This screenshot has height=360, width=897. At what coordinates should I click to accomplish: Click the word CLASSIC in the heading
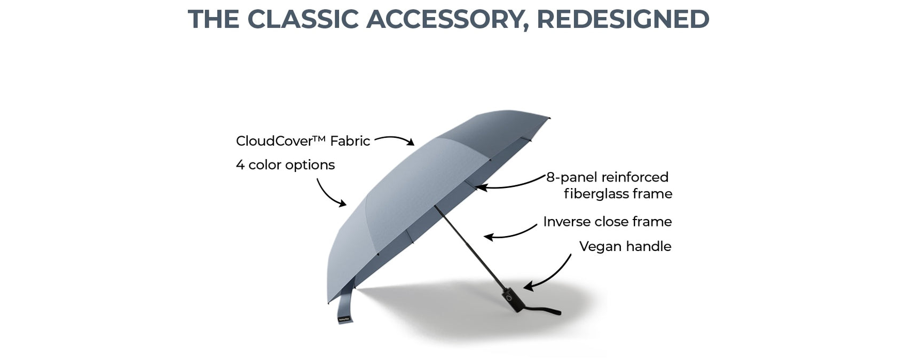point(303,19)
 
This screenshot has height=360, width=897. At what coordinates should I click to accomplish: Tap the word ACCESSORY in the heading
point(447,19)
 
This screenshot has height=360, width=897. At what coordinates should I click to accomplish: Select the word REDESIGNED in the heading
point(623,19)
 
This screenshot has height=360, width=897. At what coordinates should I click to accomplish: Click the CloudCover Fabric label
point(303,141)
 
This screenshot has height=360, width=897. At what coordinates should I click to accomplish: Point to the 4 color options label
point(285,165)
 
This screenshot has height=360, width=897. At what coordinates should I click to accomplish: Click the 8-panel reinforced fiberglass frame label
point(610,185)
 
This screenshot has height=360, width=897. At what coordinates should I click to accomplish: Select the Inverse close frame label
point(607,222)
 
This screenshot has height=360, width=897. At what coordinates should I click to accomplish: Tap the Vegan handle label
point(625,246)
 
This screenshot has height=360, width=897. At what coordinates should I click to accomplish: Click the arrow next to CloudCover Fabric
point(395,138)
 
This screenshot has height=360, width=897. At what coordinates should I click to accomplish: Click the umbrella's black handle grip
point(513,300)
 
